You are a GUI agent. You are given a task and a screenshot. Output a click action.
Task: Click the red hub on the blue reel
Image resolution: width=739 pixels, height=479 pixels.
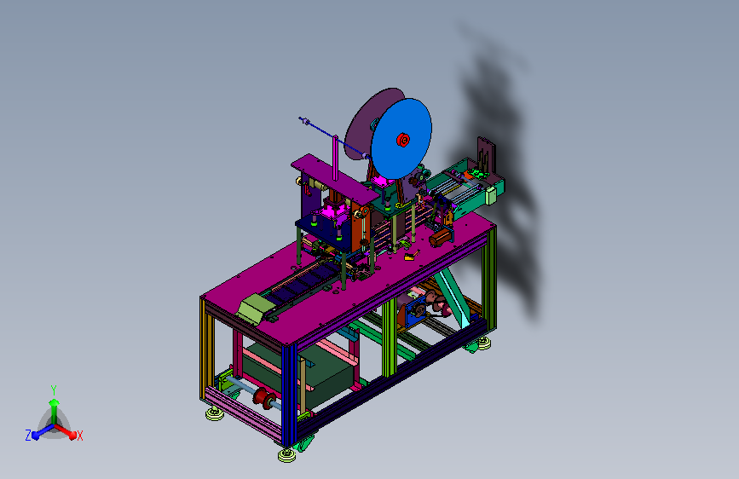pyautogui.click(x=403, y=140)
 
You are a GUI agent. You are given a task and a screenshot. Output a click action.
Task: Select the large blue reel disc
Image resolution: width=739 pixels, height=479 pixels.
pyautogui.click(x=401, y=139)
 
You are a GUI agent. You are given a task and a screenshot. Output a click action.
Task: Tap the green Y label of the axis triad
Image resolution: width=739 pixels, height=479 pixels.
pyautogui.click(x=54, y=390)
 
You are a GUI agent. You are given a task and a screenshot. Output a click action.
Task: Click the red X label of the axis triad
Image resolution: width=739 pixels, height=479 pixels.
pyautogui.click(x=79, y=436)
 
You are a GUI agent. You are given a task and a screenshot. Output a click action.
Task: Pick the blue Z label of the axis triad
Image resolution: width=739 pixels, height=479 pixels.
pyautogui.click(x=28, y=436)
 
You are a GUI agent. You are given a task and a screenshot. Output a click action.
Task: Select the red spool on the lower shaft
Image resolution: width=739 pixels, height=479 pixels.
pyautogui.click(x=264, y=399)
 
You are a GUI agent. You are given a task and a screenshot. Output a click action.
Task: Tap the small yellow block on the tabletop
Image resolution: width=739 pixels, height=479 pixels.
pyautogui.click(x=409, y=257)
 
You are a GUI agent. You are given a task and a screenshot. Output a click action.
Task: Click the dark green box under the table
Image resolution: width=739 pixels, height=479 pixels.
pyautogui.click(x=302, y=372)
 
